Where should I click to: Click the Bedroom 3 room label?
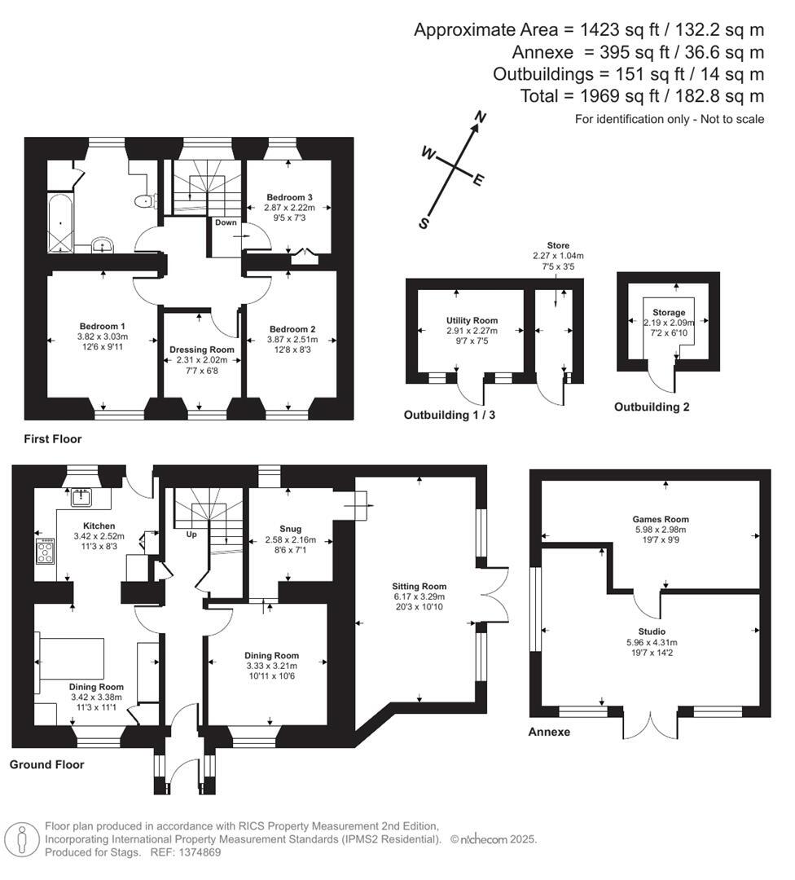289,197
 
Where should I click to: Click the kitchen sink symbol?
82,498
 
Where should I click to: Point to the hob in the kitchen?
46,551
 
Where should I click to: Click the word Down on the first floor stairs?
226,222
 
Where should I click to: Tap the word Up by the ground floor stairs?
191,535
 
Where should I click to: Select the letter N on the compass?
481,117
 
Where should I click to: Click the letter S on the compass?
424,223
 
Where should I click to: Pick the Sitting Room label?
419,587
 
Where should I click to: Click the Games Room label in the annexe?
661,520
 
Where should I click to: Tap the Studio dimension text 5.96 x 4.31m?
652,643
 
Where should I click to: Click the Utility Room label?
472,320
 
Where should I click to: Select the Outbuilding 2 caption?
652,407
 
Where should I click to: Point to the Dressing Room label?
202,350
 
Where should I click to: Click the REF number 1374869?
199,852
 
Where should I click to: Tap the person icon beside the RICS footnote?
23,839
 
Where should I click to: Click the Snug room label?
290,530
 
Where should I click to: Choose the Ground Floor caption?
46,764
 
